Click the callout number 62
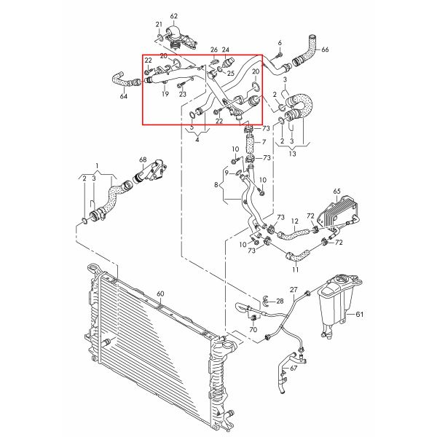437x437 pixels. click(x=173, y=15)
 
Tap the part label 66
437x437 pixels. click(x=326, y=50)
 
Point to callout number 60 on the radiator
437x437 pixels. click(x=160, y=294)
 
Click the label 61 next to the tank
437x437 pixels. click(x=358, y=315)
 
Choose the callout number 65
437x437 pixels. click(x=336, y=192)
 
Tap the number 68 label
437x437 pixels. click(x=143, y=160)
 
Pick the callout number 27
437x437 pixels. click(x=294, y=290)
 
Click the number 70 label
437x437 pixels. click(x=253, y=330)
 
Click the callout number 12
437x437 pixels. click(x=295, y=221)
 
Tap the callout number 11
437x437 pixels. click(x=295, y=269)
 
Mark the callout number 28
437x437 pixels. click(x=280, y=300)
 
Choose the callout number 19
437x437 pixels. click(x=165, y=95)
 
